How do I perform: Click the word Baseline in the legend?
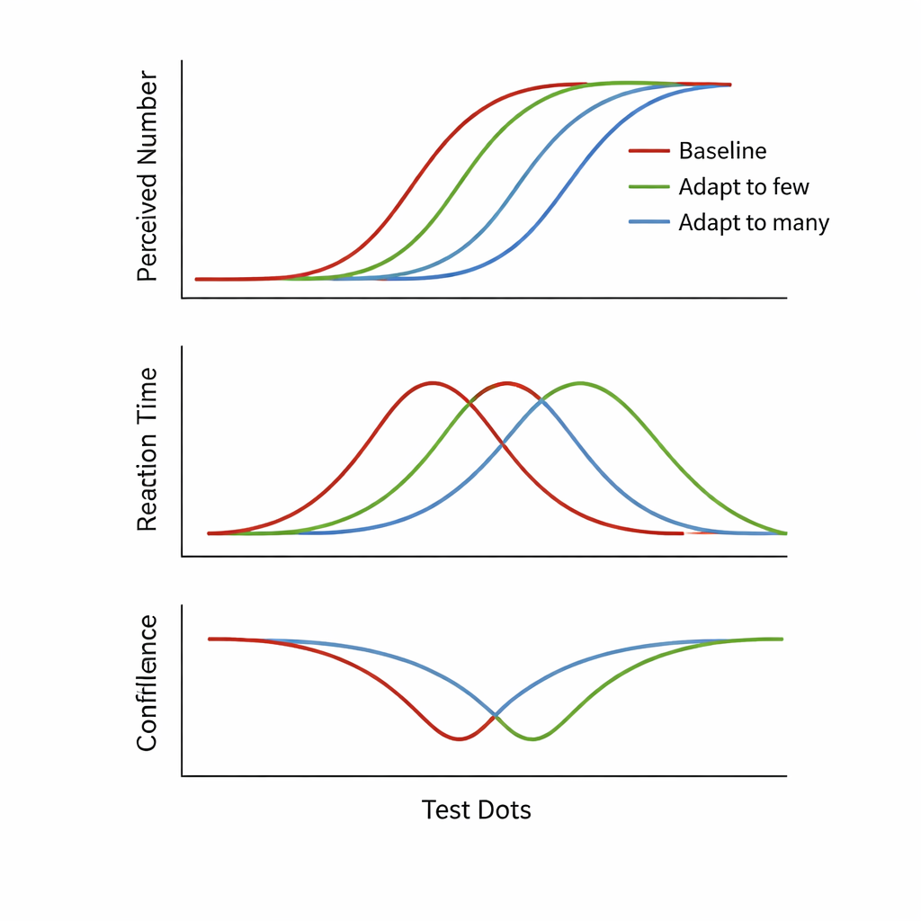click(722, 151)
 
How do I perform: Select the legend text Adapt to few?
click(744, 187)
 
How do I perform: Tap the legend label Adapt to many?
click(754, 222)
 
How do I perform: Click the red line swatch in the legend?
click(649, 151)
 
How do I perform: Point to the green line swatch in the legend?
click(649, 187)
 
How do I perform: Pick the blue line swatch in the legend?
click(649, 222)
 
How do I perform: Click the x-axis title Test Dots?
click(476, 809)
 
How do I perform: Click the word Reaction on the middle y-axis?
click(147, 488)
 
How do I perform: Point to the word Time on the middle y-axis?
click(147, 398)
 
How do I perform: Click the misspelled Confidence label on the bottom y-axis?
click(147, 683)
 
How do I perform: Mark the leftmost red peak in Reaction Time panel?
click(433, 382)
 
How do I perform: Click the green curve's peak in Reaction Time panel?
click(580, 382)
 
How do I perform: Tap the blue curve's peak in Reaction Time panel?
click(543, 402)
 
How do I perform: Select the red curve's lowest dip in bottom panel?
click(459, 739)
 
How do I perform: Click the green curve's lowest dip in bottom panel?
click(532, 739)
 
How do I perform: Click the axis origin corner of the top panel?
click(183, 298)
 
